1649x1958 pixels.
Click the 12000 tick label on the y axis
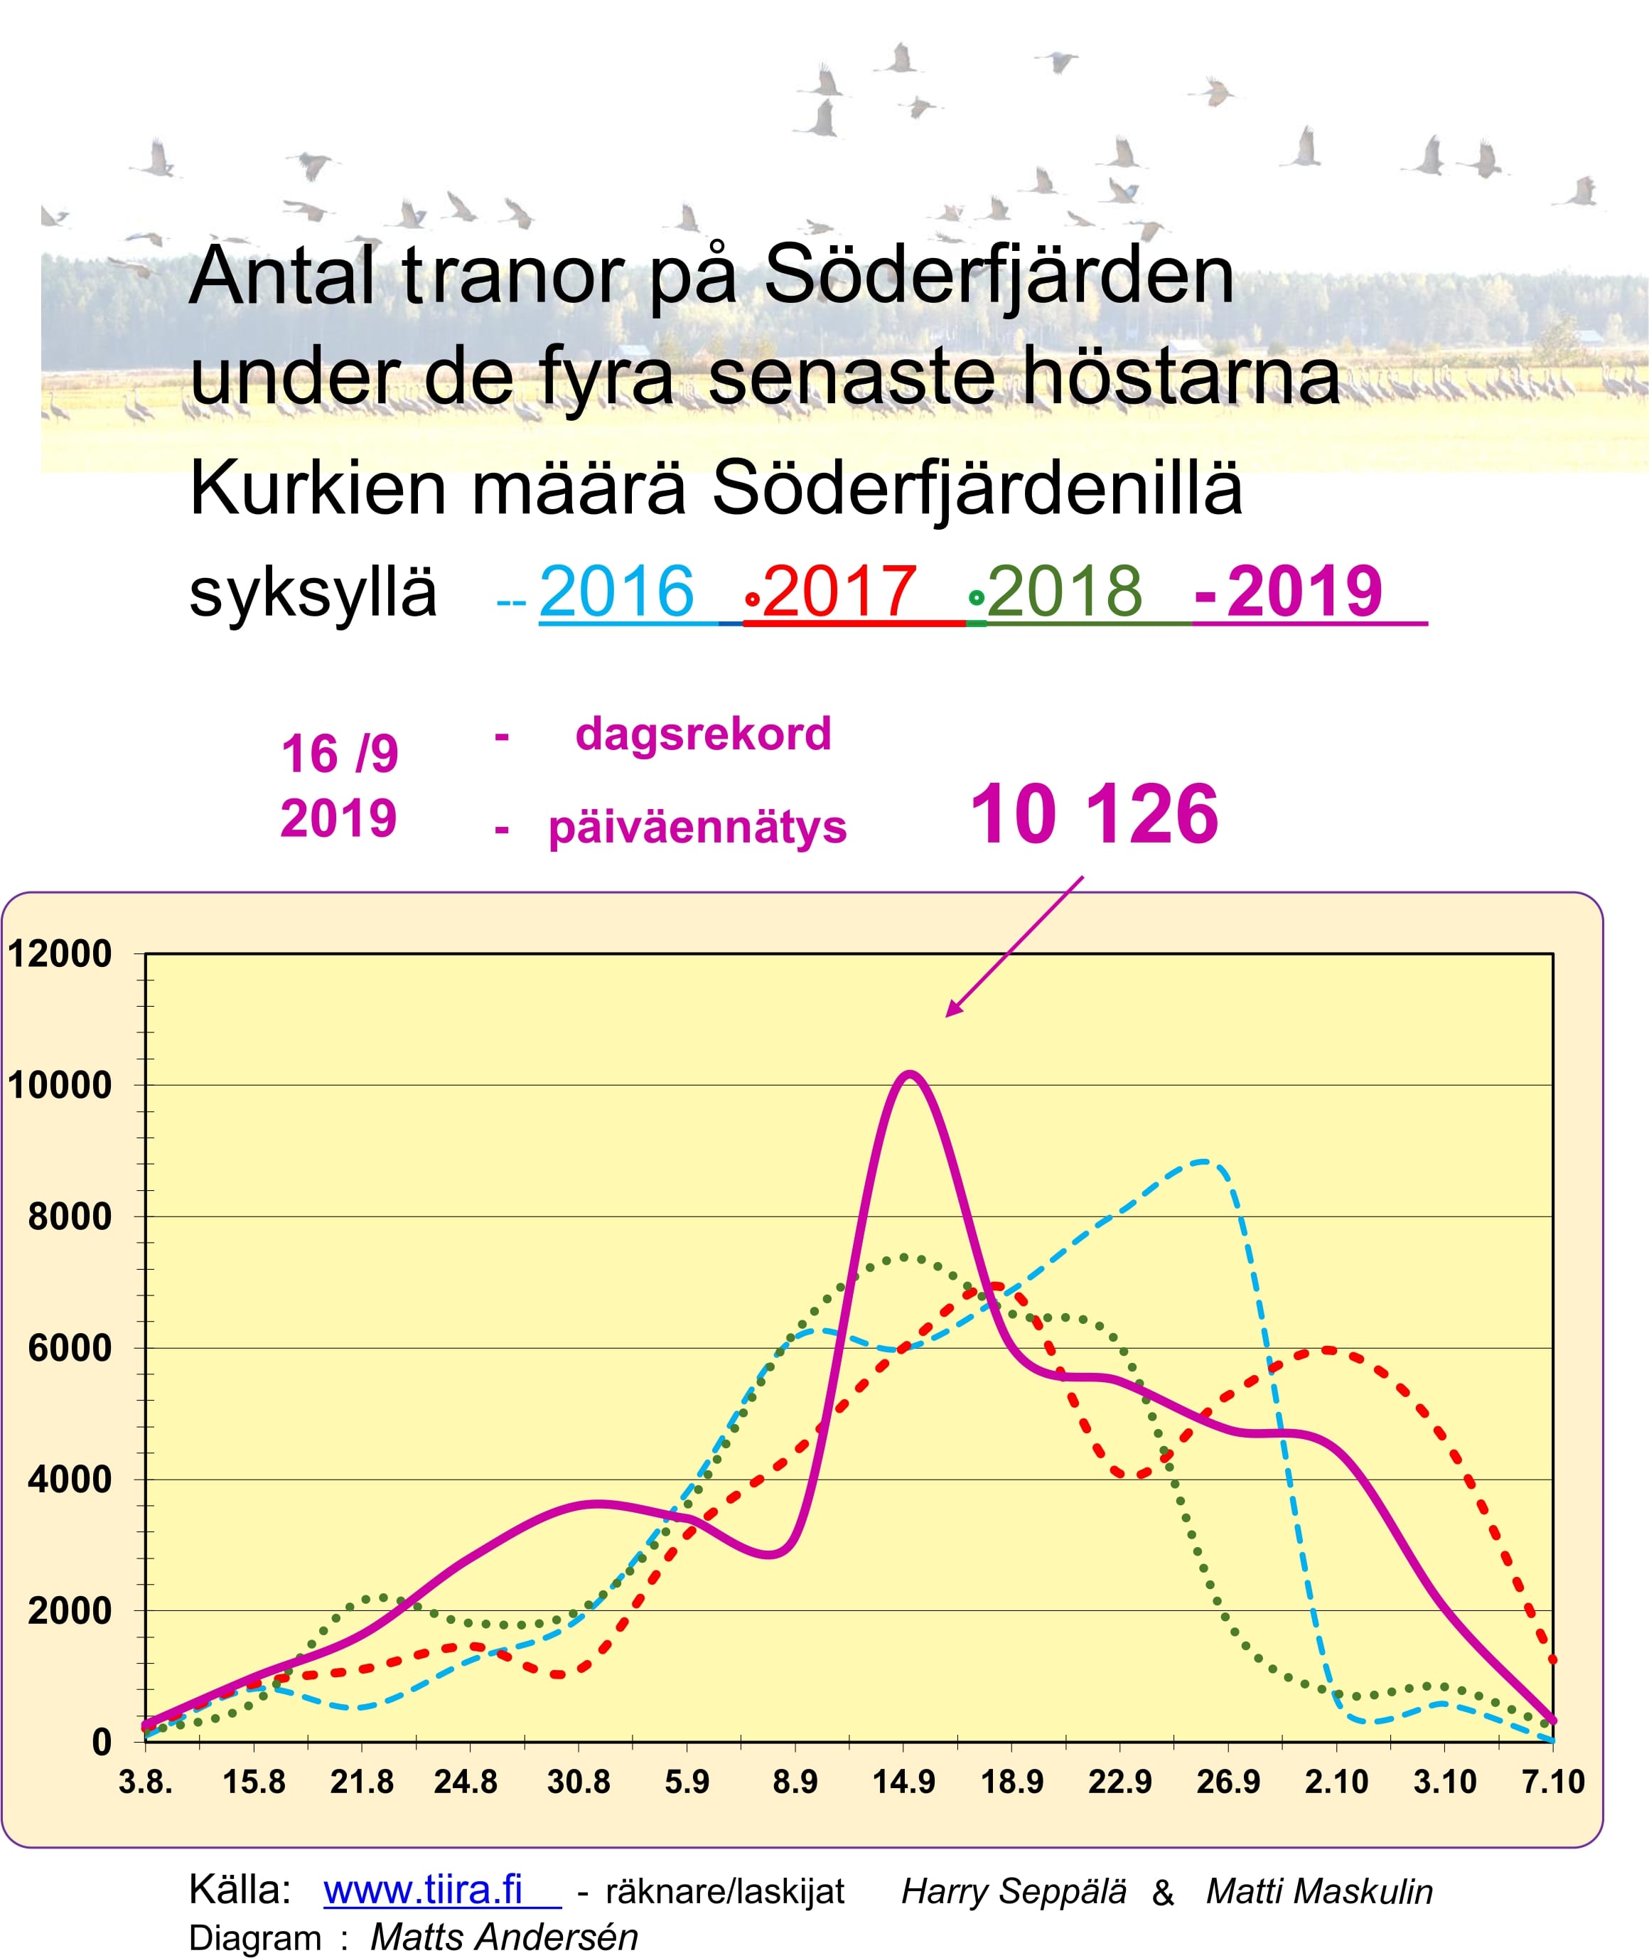pos(60,955)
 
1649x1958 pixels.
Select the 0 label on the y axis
pos(101,1742)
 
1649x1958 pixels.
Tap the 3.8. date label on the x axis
pos(146,1782)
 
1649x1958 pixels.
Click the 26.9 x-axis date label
pos(1228,1782)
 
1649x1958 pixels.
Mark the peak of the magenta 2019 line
pos(908,1074)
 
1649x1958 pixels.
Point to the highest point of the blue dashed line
pos(1204,1161)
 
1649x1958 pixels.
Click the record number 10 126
pos(1094,815)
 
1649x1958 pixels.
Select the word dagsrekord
pos(703,734)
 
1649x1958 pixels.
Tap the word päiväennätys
pos(697,828)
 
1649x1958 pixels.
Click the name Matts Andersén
pos(504,1937)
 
